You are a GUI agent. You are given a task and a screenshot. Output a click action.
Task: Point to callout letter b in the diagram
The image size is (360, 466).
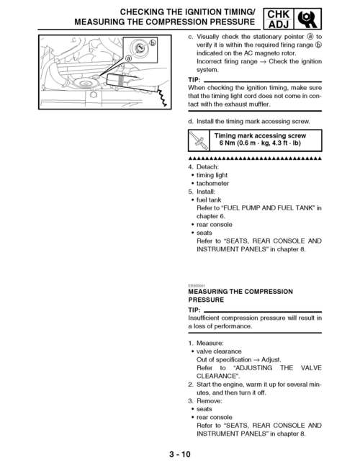click(152, 45)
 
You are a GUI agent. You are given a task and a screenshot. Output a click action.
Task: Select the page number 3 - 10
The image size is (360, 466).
click(180, 454)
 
